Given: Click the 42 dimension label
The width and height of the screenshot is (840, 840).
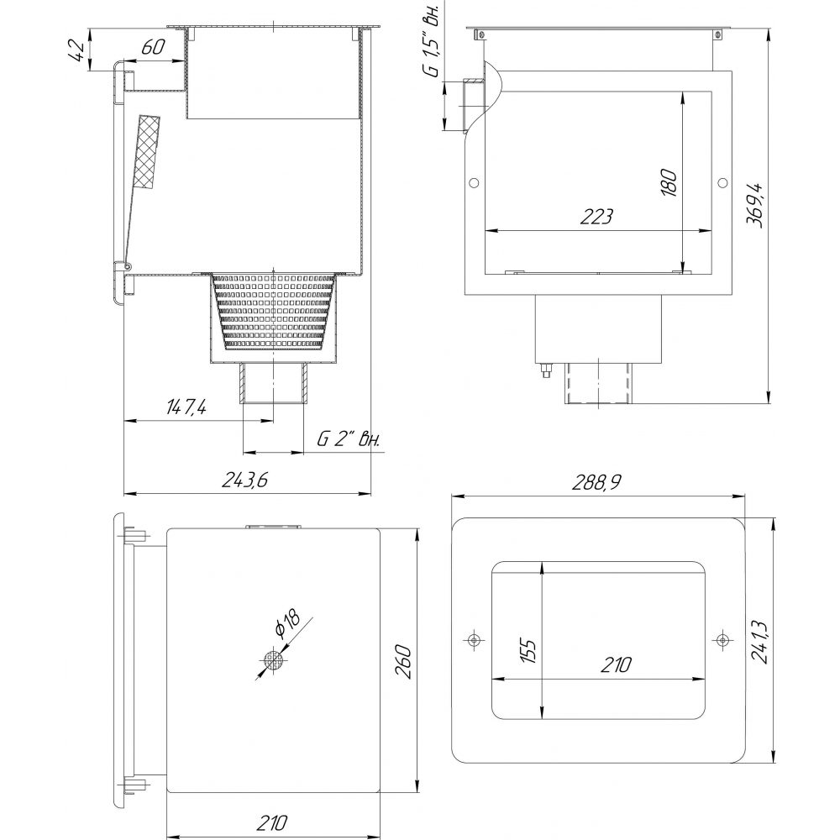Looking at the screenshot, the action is pos(77,51).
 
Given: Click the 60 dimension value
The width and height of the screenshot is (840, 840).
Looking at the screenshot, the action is pos(153,48).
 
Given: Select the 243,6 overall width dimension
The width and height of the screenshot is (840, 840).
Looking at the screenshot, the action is pos(244,480).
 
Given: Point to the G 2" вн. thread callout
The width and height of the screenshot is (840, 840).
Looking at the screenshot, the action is pos(349,439).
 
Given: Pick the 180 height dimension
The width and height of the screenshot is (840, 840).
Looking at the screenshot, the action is pos(669,182).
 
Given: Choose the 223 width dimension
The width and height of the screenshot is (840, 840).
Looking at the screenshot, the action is pos(596,217).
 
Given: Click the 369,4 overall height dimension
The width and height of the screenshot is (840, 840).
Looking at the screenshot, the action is pos(755,205).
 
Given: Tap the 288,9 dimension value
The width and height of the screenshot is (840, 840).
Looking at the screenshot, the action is pos(596,483).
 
